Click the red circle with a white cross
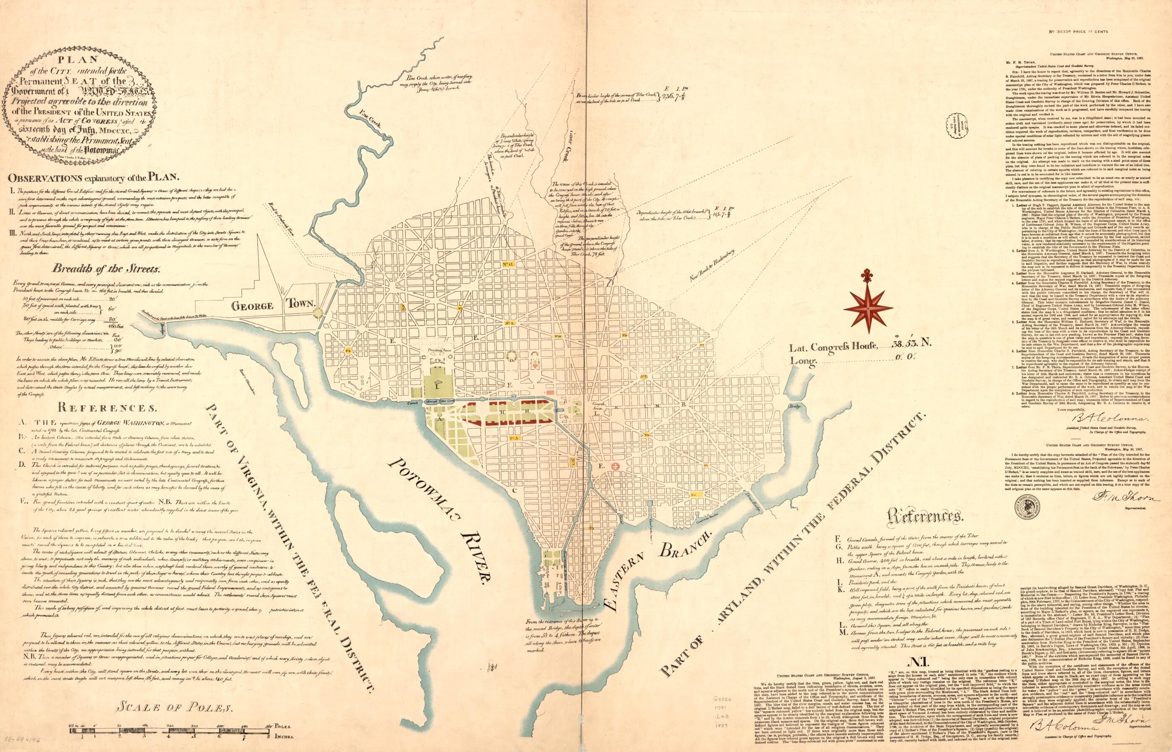[x=616, y=467]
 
